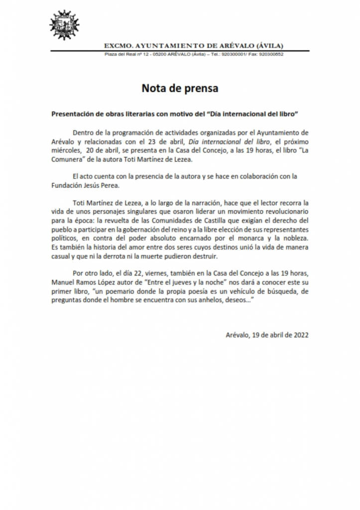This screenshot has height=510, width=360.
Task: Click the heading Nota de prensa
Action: pos(180,88)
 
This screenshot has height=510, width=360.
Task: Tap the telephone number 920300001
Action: pos(234,54)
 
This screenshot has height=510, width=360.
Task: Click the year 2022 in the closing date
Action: pos(300,335)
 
